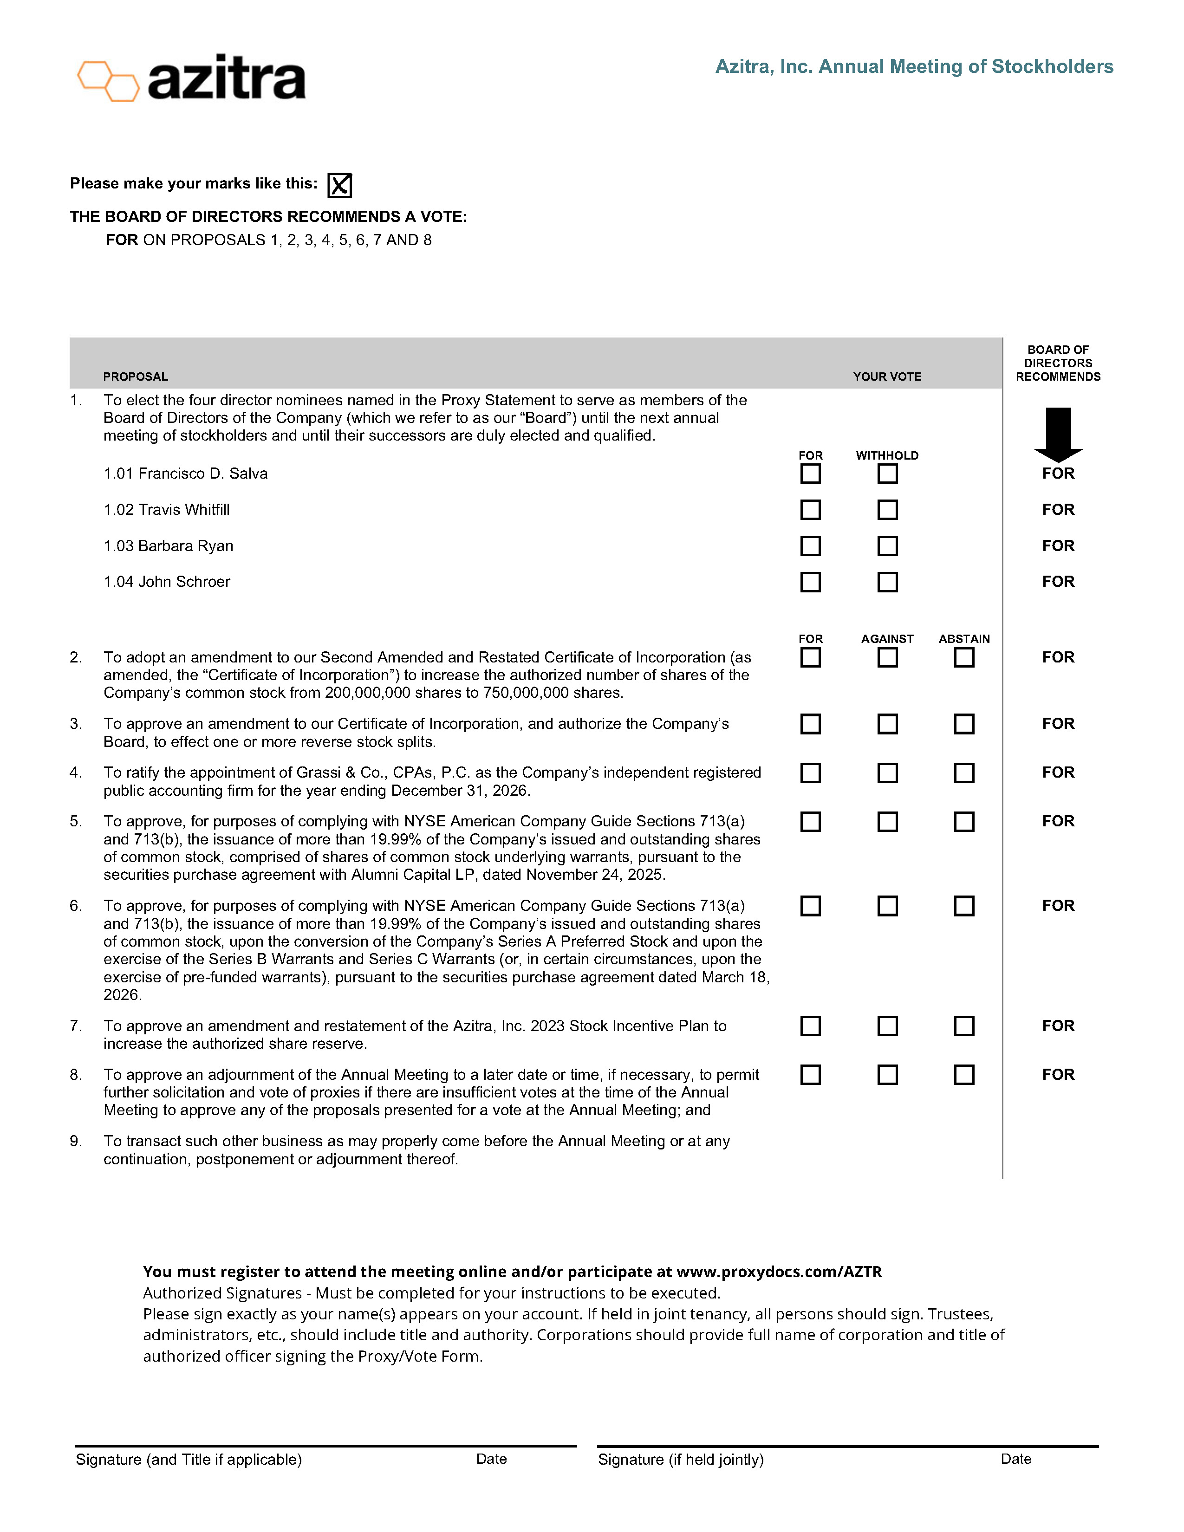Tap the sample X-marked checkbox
pyautogui.click(x=339, y=185)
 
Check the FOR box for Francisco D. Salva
pyautogui.click(x=810, y=474)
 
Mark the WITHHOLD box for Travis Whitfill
pyautogui.click(x=887, y=510)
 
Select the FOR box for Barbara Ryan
pyautogui.click(x=810, y=546)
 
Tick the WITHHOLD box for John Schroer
pyautogui.click(x=887, y=582)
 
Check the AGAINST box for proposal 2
pyautogui.click(x=887, y=657)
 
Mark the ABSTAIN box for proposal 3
pyautogui.click(x=964, y=724)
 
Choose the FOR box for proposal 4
pyautogui.click(x=810, y=773)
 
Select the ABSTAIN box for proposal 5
pyautogui.click(x=964, y=821)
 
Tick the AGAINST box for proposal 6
pyautogui.click(x=887, y=906)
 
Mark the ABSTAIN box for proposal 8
pyautogui.click(x=964, y=1075)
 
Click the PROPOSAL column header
pyautogui.click(x=136, y=377)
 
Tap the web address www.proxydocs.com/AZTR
pyautogui.click(x=779, y=1272)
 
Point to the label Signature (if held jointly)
pyautogui.click(x=680, y=1460)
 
